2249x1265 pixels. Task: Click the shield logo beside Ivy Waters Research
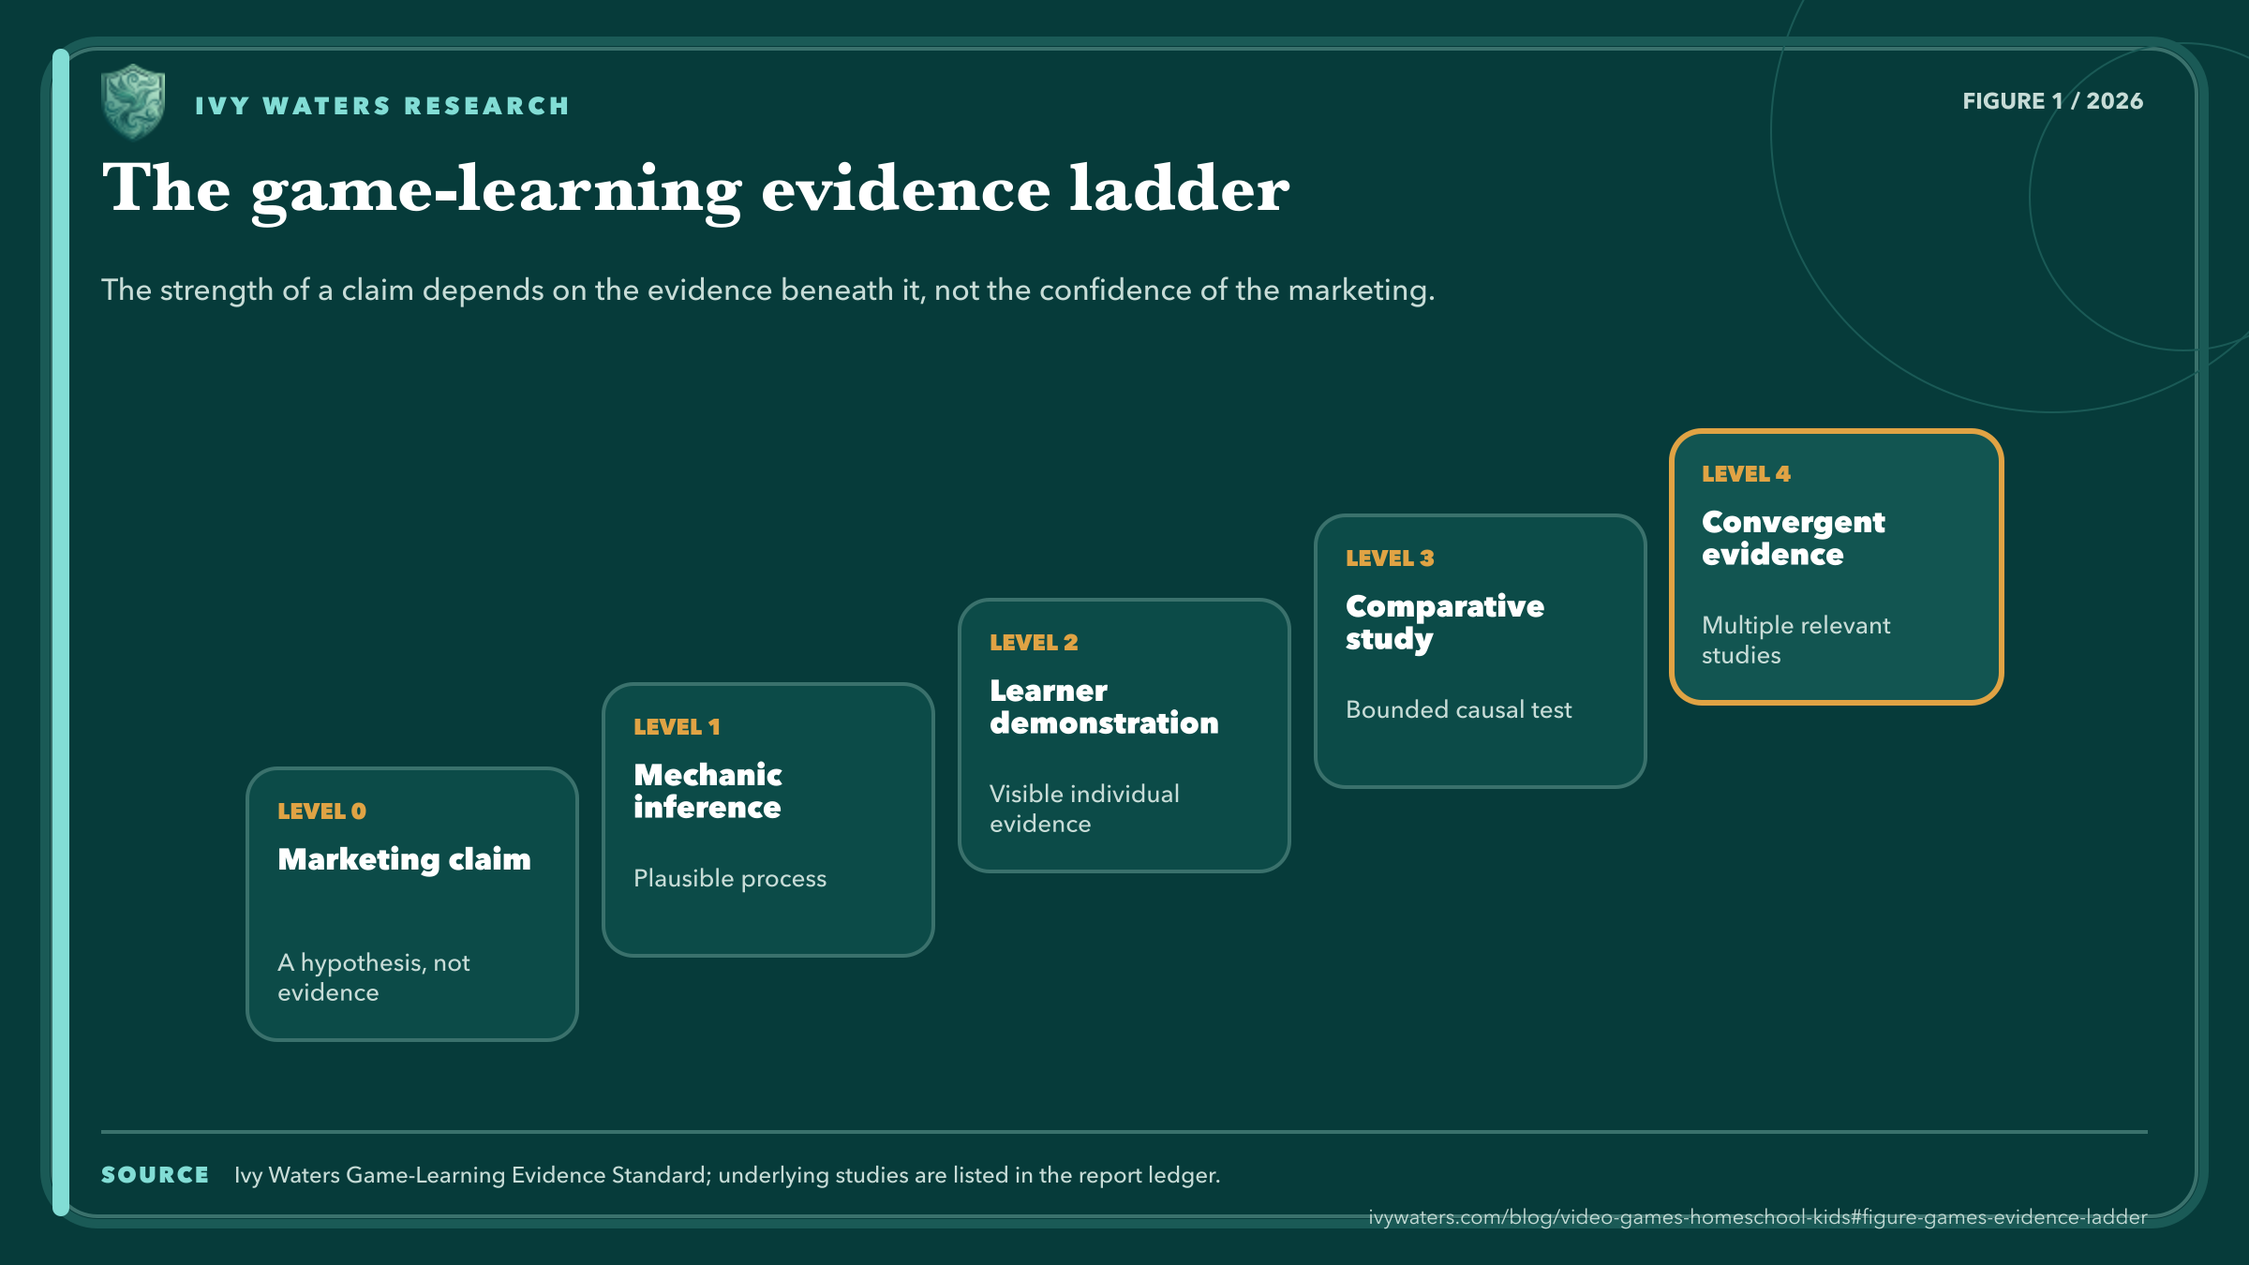pyautogui.click(x=133, y=102)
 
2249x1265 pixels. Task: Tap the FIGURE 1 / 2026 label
pyautogui.click(x=2052, y=101)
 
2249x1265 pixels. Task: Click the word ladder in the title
pyautogui.click(x=1180, y=188)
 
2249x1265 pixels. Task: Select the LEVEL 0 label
pyautogui.click(x=321, y=811)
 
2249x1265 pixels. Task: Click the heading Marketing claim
pyautogui.click(x=404, y=859)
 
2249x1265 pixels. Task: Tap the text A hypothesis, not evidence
pyautogui.click(x=374, y=977)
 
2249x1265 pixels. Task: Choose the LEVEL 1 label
pyautogui.click(x=677, y=727)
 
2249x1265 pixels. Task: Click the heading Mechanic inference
pyautogui.click(x=707, y=791)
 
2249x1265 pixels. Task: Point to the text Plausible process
pyautogui.click(x=730, y=879)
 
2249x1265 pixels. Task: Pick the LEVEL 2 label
pyautogui.click(x=1034, y=643)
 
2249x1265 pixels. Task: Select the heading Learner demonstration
pyautogui.click(x=1104, y=707)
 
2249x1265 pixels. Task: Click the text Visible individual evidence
pyautogui.click(x=1084, y=809)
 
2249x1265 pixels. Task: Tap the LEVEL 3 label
pyautogui.click(x=1390, y=558)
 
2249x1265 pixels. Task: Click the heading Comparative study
pyautogui.click(x=1445, y=623)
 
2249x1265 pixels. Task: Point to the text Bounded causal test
pyautogui.click(x=1459, y=709)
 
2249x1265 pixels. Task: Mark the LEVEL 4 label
pyautogui.click(x=1746, y=474)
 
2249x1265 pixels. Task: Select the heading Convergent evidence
pyautogui.click(x=1794, y=538)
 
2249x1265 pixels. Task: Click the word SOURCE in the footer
pyautogui.click(x=155, y=1175)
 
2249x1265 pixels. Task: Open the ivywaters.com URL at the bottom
pyautogui.click(x=1758, y=1217)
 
